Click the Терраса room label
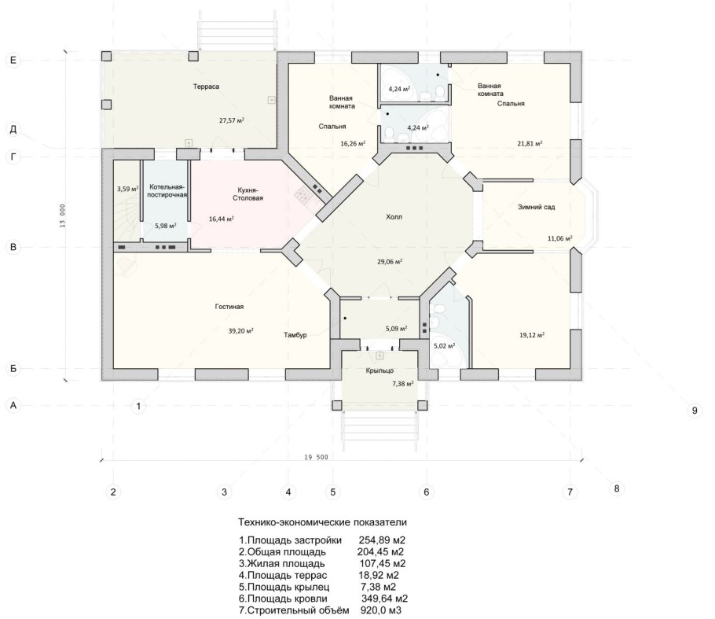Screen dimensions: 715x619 pyautogui.click(x=206, y=87)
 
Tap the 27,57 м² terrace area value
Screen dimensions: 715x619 pyautogui.click(x=232, y=120)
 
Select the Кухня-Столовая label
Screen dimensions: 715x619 pyautogui.click(x=247, y=194)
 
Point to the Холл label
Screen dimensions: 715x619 pyautogui.click(x=394, y=217)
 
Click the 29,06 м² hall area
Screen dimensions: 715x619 pyautogui.click(x=390, y=262)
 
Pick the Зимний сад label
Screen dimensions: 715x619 pyautogui.click(x=536, y=207)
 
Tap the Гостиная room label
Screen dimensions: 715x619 pyautogui.click(x=229, y=307)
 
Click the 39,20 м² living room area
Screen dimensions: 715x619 pyautogui.click(x=240, y=331)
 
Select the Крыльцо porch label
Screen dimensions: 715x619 pyautogui.click(x=379, y=370)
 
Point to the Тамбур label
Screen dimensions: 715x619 pyautogui.click(x=295, y=335)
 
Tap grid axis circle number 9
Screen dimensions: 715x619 pyautogui.click(x=695, y=411)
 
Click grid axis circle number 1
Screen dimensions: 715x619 pyautogui.click(x=138, y=405)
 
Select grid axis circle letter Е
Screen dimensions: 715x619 pyautogui.click(x=13, y=60)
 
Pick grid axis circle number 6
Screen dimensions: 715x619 pyautogui.click(x=427, y=492)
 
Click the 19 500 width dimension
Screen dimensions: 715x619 pyautogui.click(x=315, y=457)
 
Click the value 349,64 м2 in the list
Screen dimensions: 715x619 pyautogui.click(x=384, y=599)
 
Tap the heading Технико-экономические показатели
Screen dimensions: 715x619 pyautogui.click(x=322, y=522)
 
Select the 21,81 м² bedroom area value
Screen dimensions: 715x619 pyautogui.click(x=530, y=143)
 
